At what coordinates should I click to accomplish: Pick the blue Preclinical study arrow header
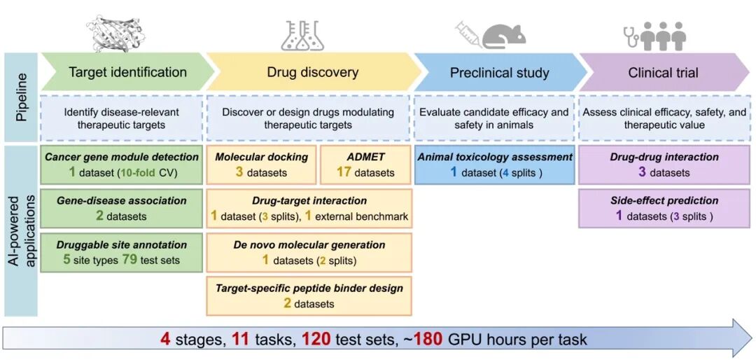(x=500, y=73)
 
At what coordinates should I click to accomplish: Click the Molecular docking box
(x=261, y=165)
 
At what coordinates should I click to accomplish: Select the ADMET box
(x=366, y=165)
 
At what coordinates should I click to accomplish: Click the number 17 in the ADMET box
(x=344, y=172)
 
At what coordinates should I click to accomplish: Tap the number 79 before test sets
(x=128, y=260)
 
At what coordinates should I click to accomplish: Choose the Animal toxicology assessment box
(x=495, y=165)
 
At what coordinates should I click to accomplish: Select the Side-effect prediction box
(x=664, y=208)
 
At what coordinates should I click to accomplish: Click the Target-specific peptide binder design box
(x=309, y=296)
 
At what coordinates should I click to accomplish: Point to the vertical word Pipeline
(x=21, y=97)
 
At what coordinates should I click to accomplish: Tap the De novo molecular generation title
(x=309, y=245)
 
